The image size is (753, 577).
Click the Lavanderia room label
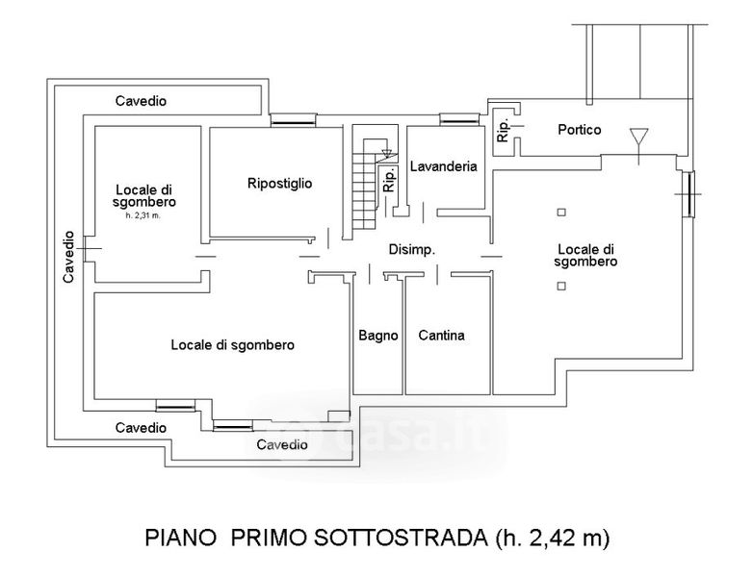click(443, 166)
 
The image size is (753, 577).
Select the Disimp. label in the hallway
click(412, 249)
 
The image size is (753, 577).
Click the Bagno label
click(378, 336)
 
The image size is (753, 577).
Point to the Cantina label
click(441, 336)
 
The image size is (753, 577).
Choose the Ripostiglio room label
click(279, 183)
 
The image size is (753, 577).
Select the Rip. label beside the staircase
click(389, 181)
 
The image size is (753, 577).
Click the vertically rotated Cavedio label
click(68, 256)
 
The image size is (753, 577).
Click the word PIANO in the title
click(180, 537)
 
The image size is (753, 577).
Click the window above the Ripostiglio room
click(292, 119)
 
